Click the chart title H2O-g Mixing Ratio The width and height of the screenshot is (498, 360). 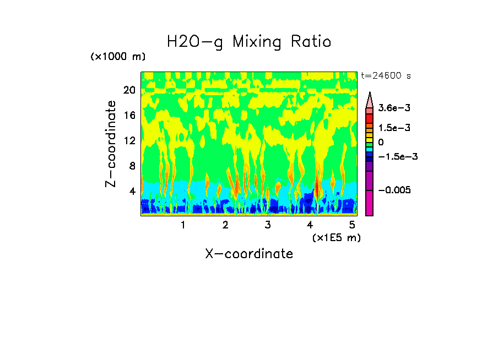click(249, 42)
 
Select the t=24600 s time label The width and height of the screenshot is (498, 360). click(386, 75)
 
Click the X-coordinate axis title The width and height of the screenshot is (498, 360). click(249, 254)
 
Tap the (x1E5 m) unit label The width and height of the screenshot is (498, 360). click(336, 237)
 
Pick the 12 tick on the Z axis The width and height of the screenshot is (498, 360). click(129, 140)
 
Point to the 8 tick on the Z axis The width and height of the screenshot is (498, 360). click(132, 166)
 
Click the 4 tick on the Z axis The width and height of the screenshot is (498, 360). click(132, 191)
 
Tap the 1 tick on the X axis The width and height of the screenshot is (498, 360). click(183, 225)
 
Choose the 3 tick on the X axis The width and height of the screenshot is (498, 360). click(268, 225)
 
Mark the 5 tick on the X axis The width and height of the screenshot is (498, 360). click(353, 225)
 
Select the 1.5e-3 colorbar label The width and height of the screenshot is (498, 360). click(391, 128)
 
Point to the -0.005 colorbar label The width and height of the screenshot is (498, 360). click(393, 190)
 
